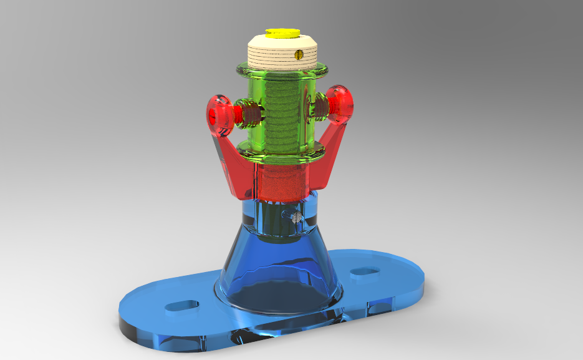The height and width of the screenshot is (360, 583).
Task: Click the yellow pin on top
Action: (x=282, y=32)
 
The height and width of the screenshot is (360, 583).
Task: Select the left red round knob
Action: (x=219, y=116)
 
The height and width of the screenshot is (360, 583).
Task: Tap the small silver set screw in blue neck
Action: (x=296, y=217)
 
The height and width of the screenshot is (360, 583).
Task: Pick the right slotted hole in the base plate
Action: (x=365, y=272)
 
